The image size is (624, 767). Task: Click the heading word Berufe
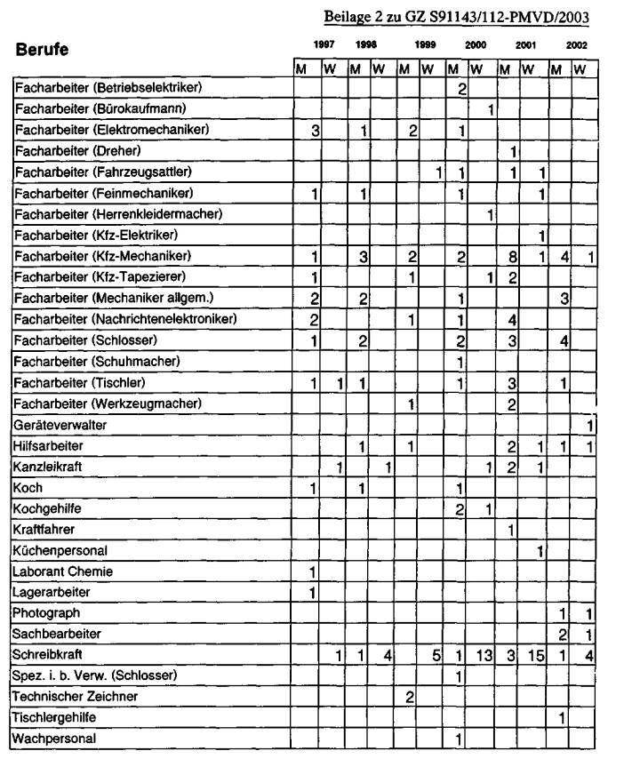pyautogui.click(x=44, y=49)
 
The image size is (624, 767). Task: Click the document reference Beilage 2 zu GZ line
pyautogui.click(x=457, y=17)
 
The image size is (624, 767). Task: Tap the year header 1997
pyautogui.click(x=324, y=44)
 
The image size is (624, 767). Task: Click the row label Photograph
pyautogui.click(x=46, y=612)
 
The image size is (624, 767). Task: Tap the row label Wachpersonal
pyautogui.click(x=54, y=739)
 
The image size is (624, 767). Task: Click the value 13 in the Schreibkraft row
pyautogui.click(x=484, y=656)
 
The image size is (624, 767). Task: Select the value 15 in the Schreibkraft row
pyautogui.click(x=535, y=656)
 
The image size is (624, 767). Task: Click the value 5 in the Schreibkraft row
pyautogui.click(x=436, y=656)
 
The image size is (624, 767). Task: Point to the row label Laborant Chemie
pyautogui.click(x=63, y=571)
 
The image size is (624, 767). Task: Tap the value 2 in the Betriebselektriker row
pyautogui.click(x=461, y=88)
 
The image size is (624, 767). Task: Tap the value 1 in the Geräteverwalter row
pyautogui.click(x=590, y=427)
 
